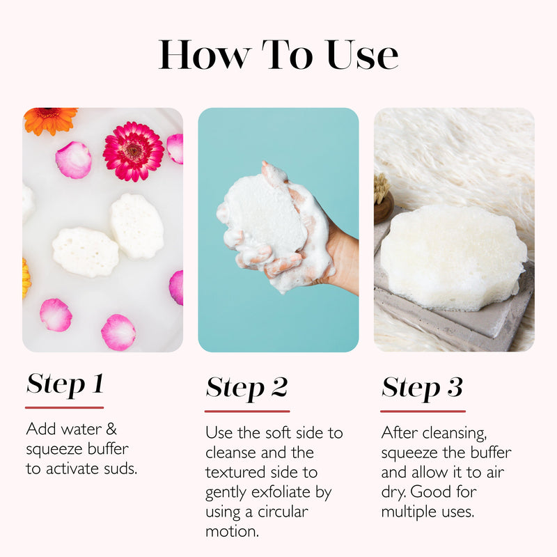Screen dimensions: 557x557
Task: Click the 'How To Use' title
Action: (278, 55)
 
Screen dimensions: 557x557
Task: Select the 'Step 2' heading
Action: (246, 388)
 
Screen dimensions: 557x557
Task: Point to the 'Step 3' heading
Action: (422, 388)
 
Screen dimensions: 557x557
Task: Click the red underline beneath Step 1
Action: (65, 407)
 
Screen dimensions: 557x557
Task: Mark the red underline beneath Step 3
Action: (423, 411)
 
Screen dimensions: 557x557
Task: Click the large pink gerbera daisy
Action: (133, 151)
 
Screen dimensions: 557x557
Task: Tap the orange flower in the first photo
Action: (50, 120)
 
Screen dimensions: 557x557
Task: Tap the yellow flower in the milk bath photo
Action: (26, 277)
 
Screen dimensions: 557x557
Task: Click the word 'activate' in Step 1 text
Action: (69, 469)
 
